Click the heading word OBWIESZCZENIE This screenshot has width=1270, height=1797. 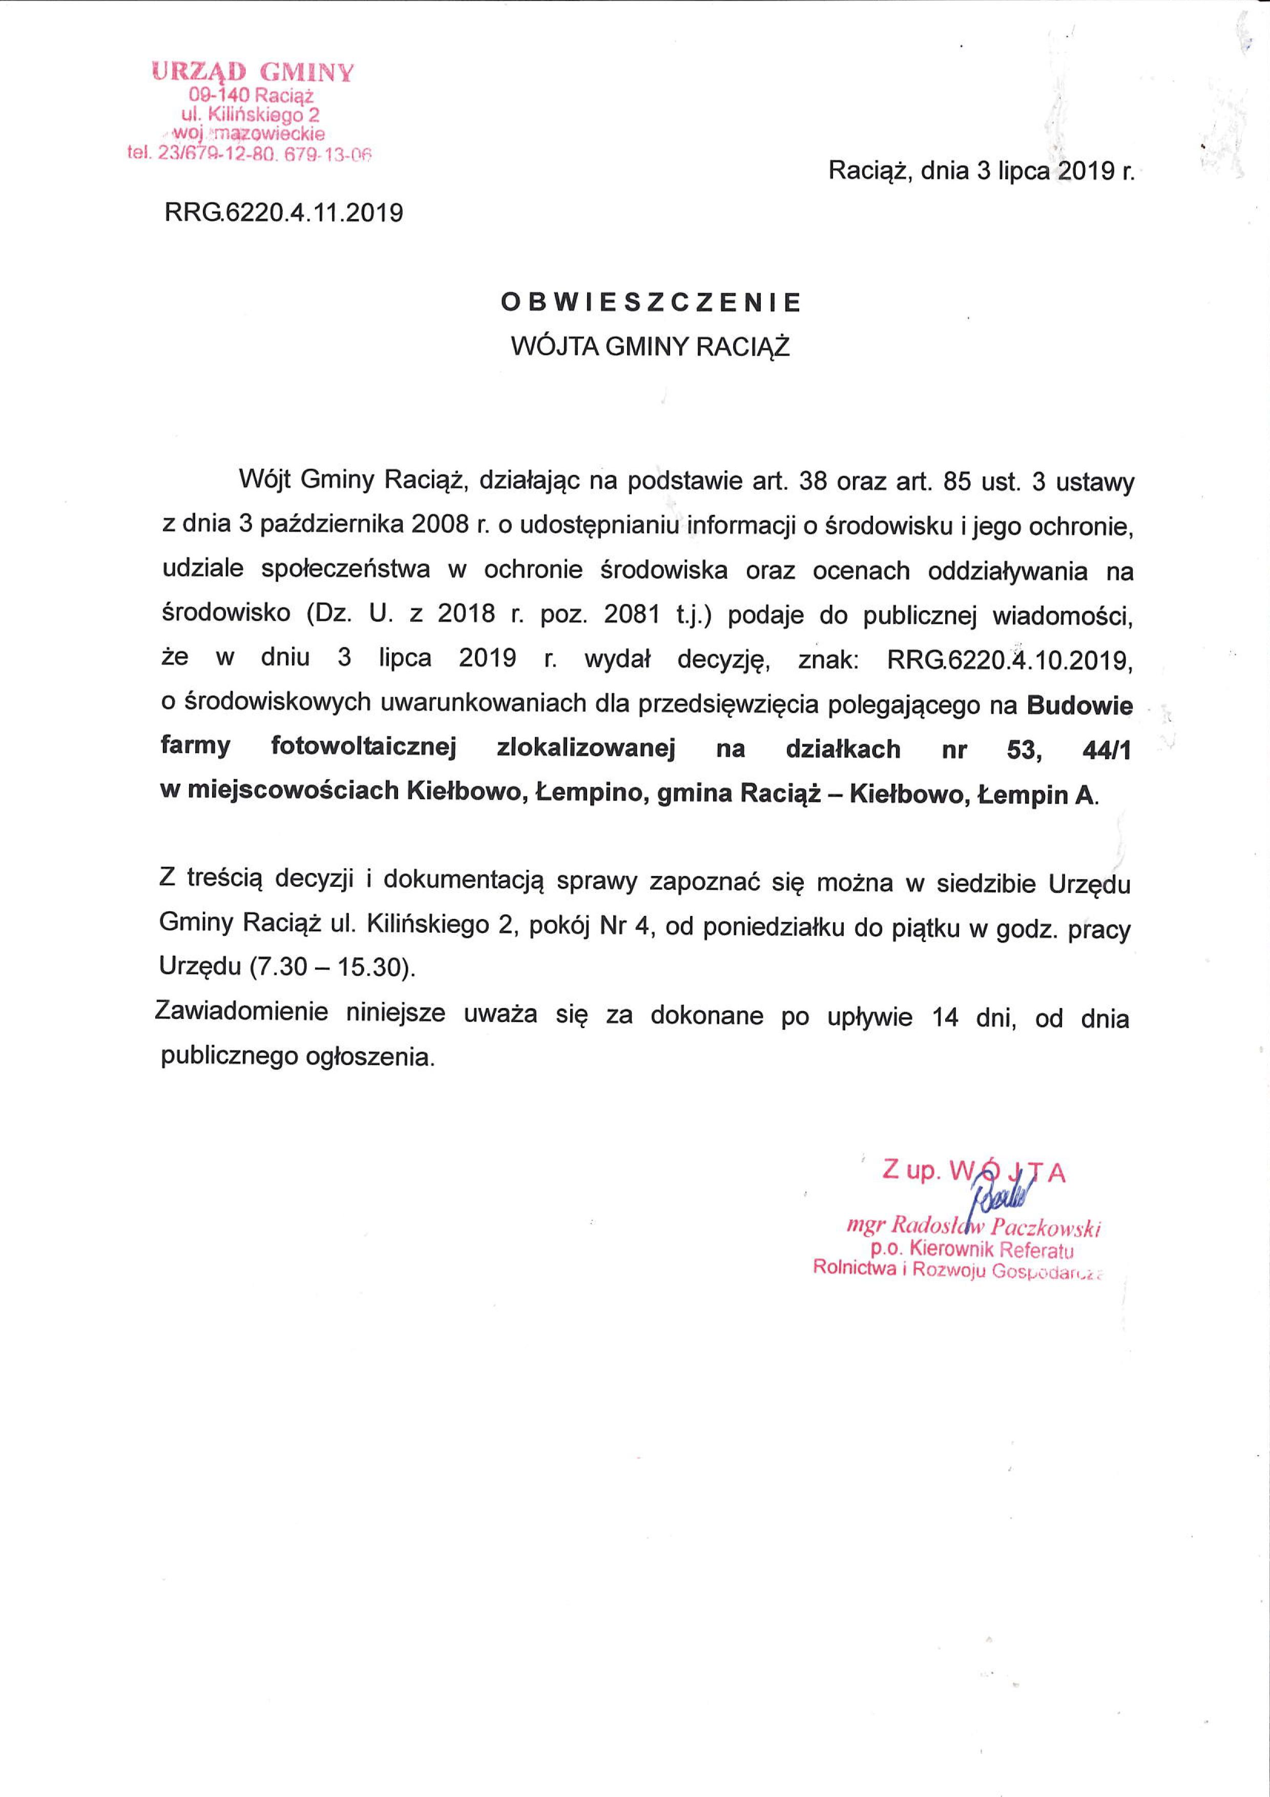[x=651, y=303]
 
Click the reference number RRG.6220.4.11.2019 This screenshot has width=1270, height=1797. [x=283, y=212]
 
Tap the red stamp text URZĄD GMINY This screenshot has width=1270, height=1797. [x=253, y=72]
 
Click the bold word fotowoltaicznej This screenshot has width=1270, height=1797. [x=363, y=747]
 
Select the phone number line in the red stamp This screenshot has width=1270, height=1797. [x=249, y=154]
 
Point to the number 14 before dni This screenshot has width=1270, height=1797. [x=945, y=1019]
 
